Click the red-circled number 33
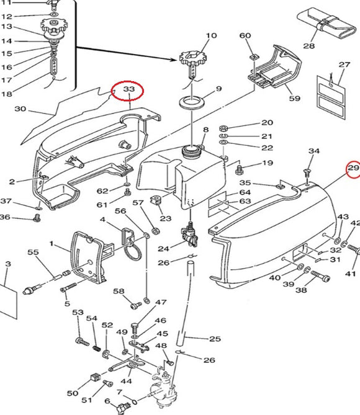(128, 90)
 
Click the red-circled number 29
(353, 168)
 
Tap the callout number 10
(211, 35)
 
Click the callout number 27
(344, 65)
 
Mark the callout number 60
(245, 35)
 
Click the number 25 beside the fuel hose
(214, 339)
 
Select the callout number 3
(7, 264)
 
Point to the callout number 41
(351, 274)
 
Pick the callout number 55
(33, 252)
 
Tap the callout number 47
(161, 303)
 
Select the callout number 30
(20, 109)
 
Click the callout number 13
(6, 27)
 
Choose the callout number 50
(73, 393)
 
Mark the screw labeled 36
(37, 217)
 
